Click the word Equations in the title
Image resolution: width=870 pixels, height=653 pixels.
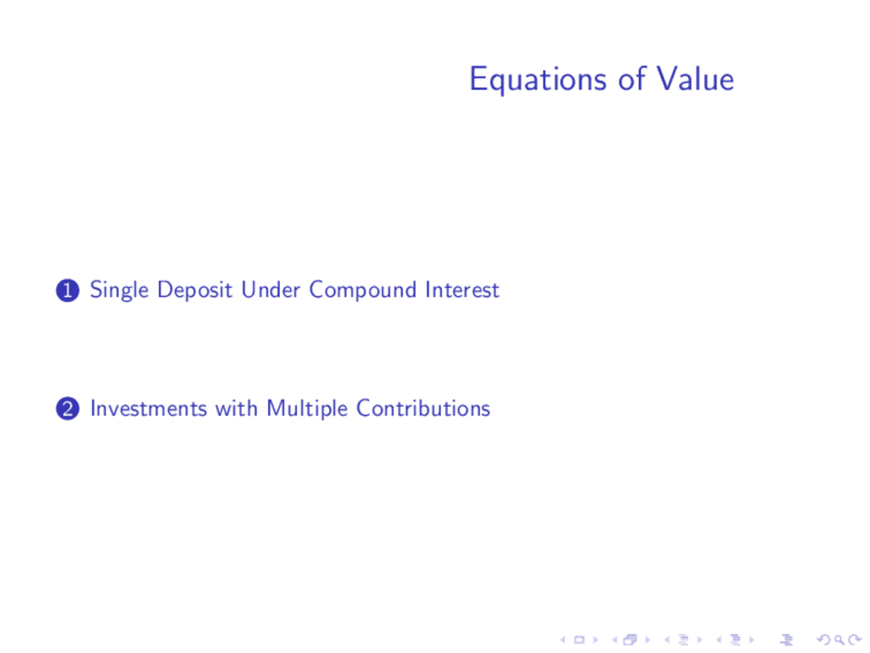click(537, 80)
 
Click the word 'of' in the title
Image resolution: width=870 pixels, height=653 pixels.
click(631, 79)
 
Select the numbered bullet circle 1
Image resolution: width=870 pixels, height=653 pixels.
click(67, 290)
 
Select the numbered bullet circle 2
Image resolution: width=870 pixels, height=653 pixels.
click(67, 409)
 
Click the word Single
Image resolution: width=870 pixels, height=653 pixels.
click(119, 290)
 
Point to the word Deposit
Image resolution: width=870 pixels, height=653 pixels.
click(194, 290)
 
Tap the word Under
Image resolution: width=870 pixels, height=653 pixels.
click(271, 290)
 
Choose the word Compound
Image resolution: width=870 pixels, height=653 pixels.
click(362, 290)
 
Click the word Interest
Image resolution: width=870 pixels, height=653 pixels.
click(462, 290)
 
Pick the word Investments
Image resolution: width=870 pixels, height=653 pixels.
click(148, 408)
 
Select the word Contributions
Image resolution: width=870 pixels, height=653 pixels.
click(423, 408)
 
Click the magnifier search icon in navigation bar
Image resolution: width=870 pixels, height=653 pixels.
click(839, 640)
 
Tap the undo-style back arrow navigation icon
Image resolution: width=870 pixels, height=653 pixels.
click(823, 640)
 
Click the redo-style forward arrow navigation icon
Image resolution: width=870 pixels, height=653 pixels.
click(855, 640)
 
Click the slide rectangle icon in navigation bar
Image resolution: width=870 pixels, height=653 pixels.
click(579, 640)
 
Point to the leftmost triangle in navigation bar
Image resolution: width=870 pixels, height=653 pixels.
click(563, 640)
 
